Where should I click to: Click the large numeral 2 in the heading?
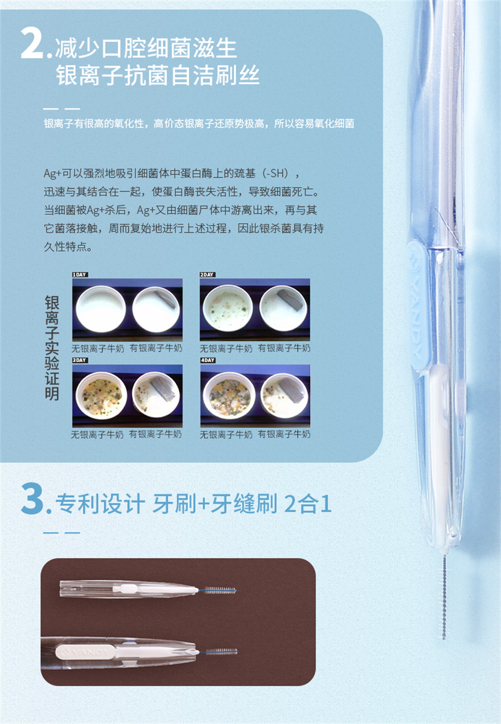(x=32, y=43)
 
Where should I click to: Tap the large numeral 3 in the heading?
(x=32, y=499)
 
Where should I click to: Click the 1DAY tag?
(x=80, y=275)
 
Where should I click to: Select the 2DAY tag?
(x=207, y=275)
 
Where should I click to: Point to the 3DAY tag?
(x=80, y=360)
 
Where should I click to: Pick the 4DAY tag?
(x=208, y=360)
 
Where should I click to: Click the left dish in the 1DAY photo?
(x=101, y=309)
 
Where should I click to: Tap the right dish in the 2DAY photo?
(x=284, y=309)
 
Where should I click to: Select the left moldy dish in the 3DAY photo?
(x=101, y=395)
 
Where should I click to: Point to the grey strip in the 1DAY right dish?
(x=165, y=300)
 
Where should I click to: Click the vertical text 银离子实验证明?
(x=52, y=348)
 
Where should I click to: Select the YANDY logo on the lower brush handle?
(x=85, y=652)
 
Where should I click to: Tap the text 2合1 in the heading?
(x=307, y=503)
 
